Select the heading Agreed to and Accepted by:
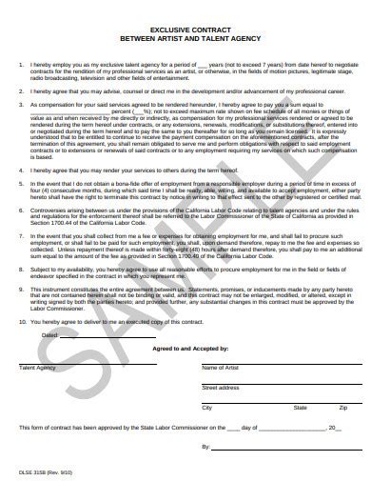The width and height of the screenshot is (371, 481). (185, 351)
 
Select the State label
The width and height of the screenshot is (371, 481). (301, 409)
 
